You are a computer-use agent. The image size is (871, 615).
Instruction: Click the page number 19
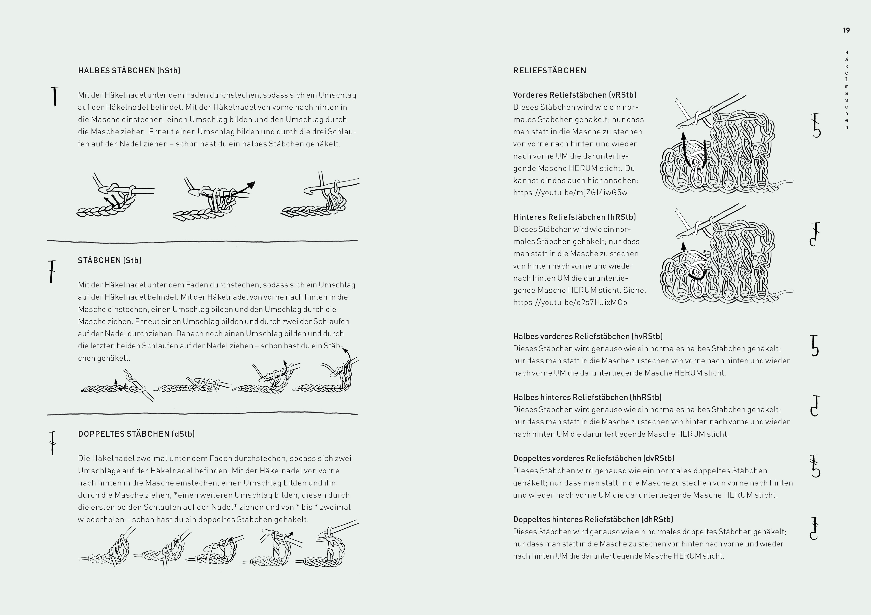tap(846, 30)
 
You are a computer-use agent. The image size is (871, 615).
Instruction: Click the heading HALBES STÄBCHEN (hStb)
tap(129, 71)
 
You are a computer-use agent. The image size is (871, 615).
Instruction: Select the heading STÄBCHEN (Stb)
tap(110, 260)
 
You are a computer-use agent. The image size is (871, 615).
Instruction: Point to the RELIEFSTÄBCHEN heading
tap(550, 71)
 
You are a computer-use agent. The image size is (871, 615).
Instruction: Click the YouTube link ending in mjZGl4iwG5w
tap(570, 193)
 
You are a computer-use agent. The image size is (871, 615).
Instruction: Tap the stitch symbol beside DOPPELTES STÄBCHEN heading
tap(52, 443)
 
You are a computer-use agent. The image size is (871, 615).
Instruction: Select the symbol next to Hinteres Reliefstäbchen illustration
tap(814, 234)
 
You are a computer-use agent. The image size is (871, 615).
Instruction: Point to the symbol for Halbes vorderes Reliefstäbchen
tap(814, 346)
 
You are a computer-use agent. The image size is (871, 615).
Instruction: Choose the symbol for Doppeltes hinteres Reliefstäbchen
tap(814, 528)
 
